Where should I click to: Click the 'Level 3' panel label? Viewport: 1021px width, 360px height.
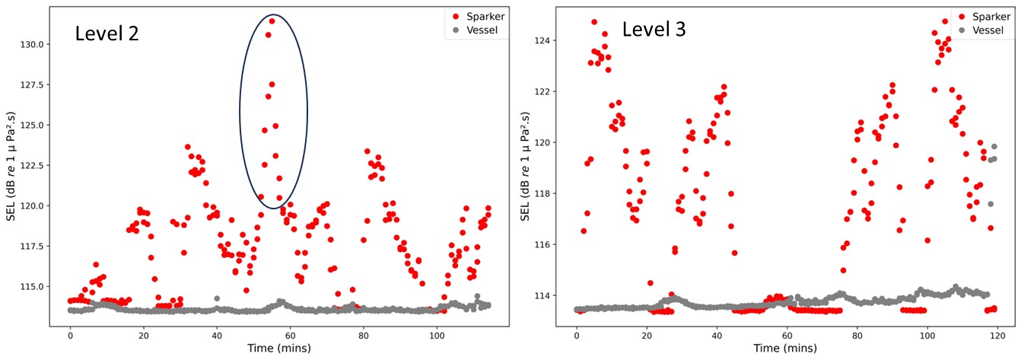point(654,30)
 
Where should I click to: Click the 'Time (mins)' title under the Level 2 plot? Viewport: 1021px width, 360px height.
point(278,348)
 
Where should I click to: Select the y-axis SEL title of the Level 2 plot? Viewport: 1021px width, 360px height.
point(11,164)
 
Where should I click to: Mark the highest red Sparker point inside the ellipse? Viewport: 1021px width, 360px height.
point(272,21)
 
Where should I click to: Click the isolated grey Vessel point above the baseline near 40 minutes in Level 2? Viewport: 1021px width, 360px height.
point(217,298)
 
